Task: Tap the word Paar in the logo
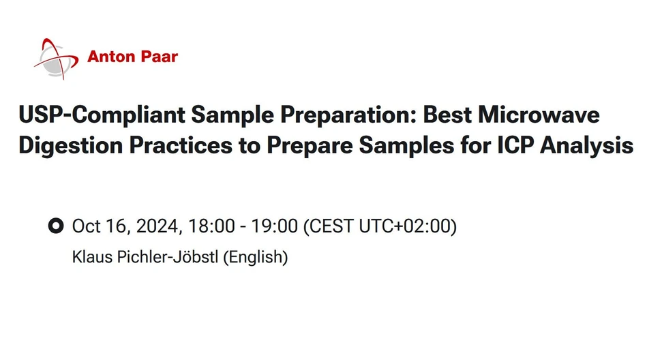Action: (x=159, y=57)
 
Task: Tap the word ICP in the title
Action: (x=507, y=145)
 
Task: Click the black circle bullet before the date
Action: (x=56, y=226)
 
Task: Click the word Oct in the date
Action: (x=87, y=226)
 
